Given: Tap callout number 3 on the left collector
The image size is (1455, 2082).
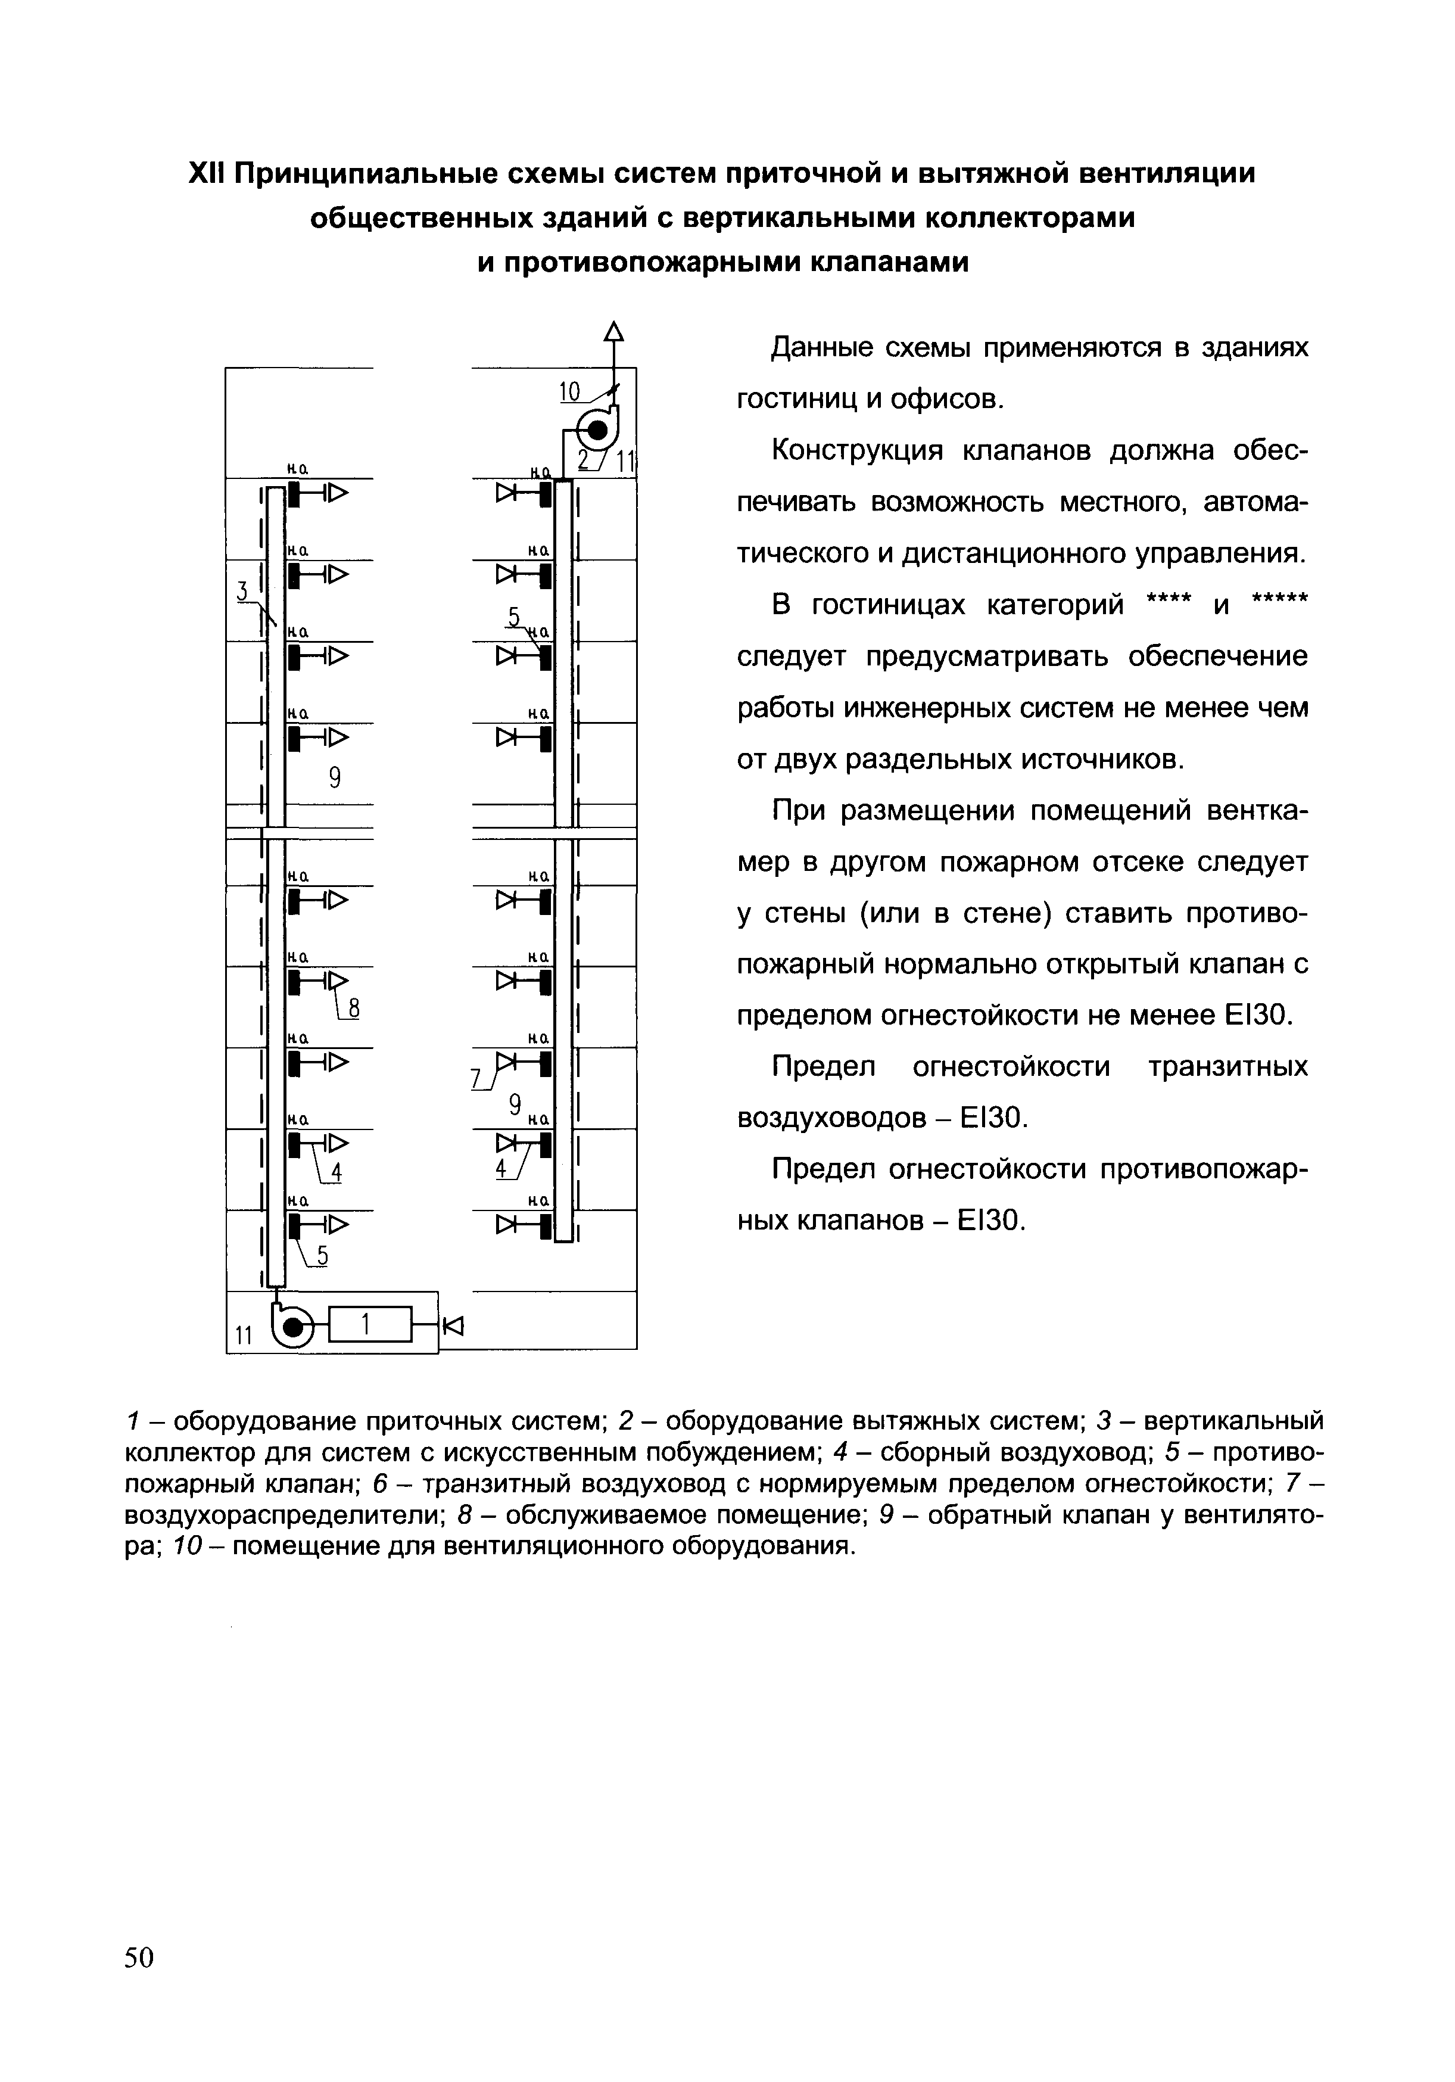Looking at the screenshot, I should (241, 591).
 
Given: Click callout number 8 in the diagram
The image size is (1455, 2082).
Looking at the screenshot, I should (354, 1009).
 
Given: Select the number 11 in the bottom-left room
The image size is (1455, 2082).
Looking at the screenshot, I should (244, 1335).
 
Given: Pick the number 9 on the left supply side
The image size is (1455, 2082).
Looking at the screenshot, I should (335, 777).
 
